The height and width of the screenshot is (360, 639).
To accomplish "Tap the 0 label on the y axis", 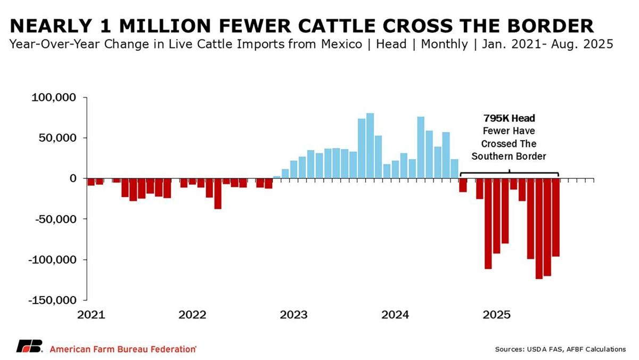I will click(x=73, y=178).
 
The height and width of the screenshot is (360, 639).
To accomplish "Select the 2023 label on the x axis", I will click(x=293, y=315).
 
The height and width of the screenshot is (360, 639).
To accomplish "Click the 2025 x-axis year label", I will click(x=496, y=315).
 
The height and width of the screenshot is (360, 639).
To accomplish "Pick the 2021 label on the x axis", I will click(x=91, y=315).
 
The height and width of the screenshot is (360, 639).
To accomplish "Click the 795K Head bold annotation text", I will click(x=509, y=118).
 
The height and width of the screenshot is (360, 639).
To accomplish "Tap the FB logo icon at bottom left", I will click(x=29, y=347).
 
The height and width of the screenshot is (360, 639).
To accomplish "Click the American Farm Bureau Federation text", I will click(x=123, y=349).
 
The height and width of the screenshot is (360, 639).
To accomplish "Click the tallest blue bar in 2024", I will click(x=421, y=148).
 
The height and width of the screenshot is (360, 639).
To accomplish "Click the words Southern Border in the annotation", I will click(x=509, y=157).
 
